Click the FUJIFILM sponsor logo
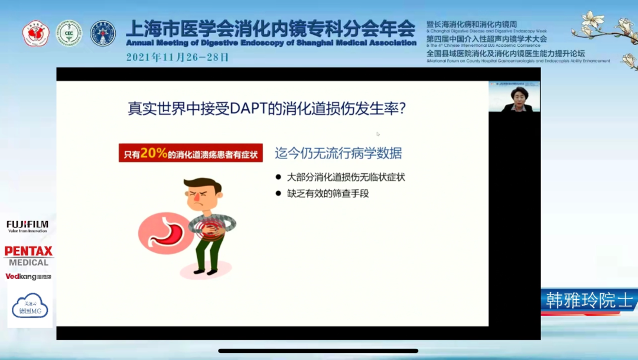[27, 226]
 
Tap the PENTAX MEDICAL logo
[29, 256]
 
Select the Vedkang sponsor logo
[28, 276]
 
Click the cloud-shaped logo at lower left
[30, 306]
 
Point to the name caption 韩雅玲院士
[588, 300]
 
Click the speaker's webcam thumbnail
[514, 97]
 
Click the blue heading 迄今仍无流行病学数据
[338, 153]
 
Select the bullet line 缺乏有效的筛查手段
[328, 193]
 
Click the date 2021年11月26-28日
[177, 57]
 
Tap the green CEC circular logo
[69, 33]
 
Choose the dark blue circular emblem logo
[103, 33]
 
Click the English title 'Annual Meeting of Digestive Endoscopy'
[271, 43]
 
